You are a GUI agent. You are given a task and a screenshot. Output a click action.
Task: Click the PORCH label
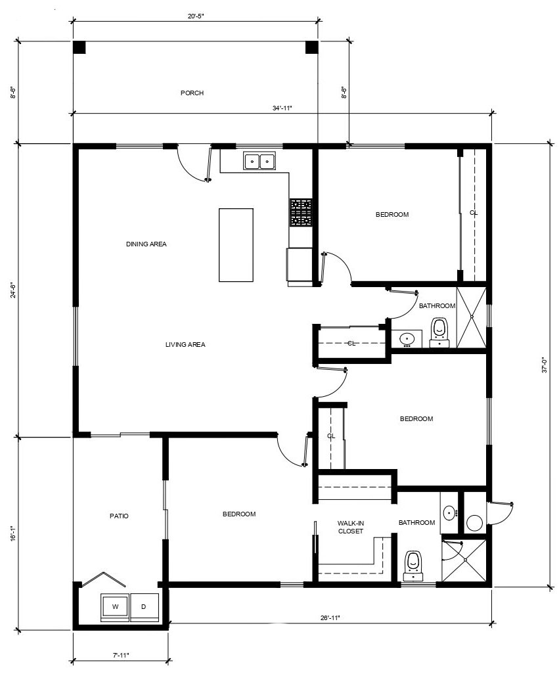coord(192,93)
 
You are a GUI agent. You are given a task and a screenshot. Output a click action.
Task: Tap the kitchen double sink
coord(260,161)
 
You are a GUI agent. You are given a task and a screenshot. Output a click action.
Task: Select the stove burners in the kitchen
coord(301,212)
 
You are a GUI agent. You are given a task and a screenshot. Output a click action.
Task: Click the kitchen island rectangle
coord(236,245)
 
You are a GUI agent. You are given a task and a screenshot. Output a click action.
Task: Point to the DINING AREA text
coord(146,244)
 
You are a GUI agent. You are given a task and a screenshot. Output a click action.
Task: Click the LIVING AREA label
coord(185,344)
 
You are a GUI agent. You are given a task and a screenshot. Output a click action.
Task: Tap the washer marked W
coord(115,607)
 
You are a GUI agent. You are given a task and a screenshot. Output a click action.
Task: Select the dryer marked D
coord(145,607)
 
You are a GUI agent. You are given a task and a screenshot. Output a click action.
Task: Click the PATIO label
coord(119,516)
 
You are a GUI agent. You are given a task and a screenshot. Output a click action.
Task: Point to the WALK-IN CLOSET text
coord(351,527)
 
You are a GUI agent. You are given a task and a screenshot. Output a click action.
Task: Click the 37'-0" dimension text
coord(545,365)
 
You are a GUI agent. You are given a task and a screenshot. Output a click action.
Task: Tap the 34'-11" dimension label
coord(282,108)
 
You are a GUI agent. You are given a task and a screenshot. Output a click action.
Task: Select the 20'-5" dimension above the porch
coord(196,16)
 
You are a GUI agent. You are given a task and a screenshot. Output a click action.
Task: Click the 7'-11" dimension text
coord(121,655)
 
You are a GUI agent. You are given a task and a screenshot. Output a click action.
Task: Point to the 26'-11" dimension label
coord(330,618)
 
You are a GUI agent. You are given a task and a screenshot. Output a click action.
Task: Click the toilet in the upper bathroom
coord(439,332)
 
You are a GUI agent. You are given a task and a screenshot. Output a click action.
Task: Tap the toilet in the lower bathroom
coord(413,566)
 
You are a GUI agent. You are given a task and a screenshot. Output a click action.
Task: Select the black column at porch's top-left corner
coord(79,47)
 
